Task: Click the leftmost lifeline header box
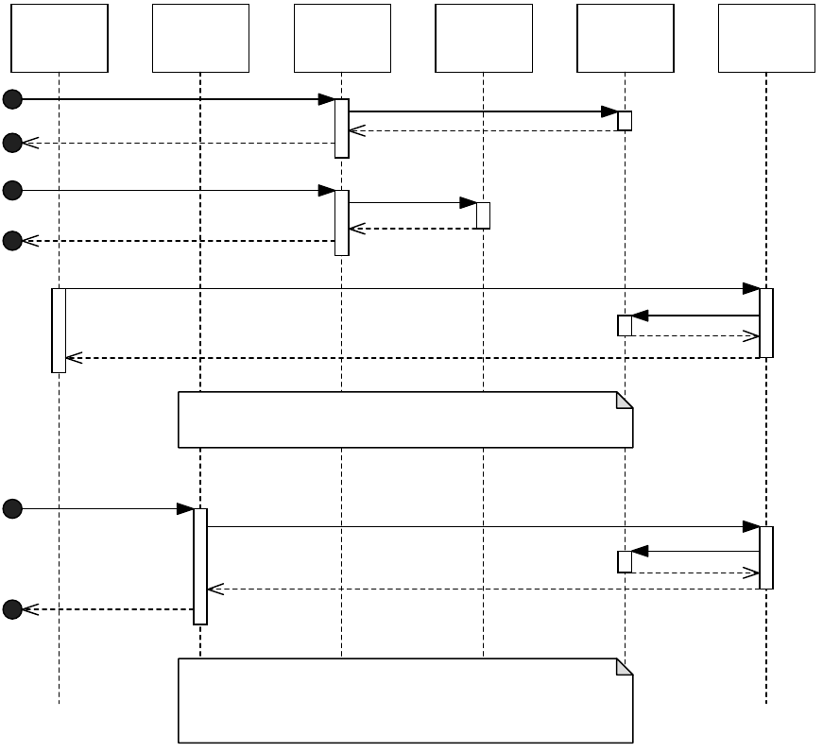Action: [60, 38]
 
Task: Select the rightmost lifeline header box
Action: [766, 38]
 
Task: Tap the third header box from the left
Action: [342, 38]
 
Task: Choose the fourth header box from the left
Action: [484, 38]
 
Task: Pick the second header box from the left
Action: [200, 38]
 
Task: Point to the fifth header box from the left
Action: [626, 38]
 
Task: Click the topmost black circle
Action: [11, 99]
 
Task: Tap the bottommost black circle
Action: [11, 609]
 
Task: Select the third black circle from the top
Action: [11, 191]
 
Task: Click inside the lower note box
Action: [404, 704]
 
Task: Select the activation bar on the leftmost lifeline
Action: [59, 330]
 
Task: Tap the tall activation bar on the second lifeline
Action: [200, 566]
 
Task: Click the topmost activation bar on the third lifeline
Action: [342, 128]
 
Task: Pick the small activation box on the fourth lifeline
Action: [483, 215]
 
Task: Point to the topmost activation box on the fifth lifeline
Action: [625, 121]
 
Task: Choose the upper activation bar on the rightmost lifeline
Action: [766, 322]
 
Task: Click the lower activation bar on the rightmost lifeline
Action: [766, 557]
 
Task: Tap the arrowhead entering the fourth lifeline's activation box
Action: [469, 203]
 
